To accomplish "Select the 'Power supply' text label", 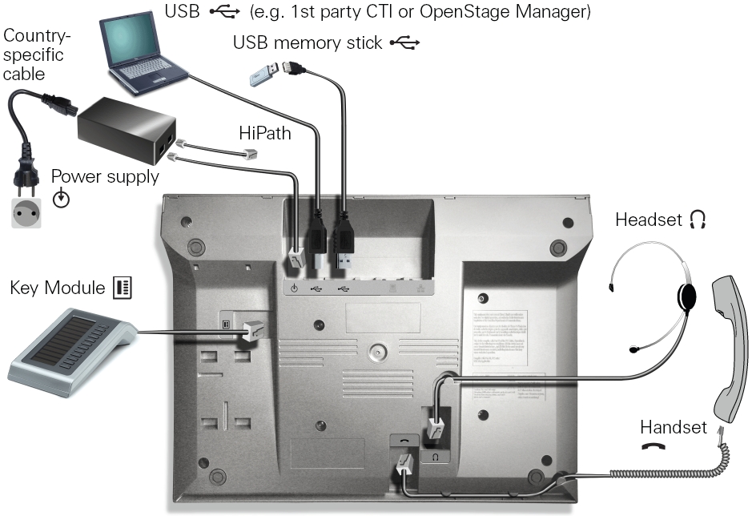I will point(104,176).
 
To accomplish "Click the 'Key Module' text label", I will point(58,287).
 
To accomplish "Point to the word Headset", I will point(646,220).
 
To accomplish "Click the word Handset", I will point(673,427).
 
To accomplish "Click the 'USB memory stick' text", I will point(308,42).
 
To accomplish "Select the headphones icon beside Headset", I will point(698,220).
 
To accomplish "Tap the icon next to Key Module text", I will point(123,287).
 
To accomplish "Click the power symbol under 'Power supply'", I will point(61,198).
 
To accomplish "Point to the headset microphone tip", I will point(633,349).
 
